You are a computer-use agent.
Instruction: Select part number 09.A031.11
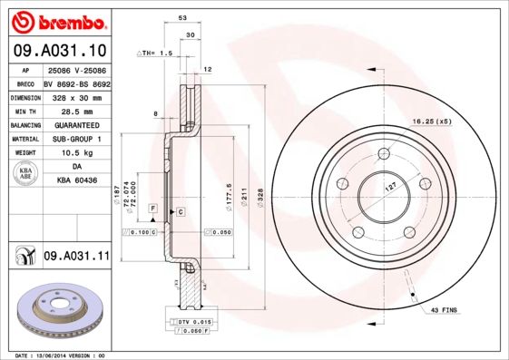click(x=75, y=258)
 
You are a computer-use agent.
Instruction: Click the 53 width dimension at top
click(x=182, y=17)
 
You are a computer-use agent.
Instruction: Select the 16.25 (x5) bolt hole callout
click(x=431, y=121)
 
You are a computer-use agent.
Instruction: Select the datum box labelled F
click(x=153, y=209)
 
